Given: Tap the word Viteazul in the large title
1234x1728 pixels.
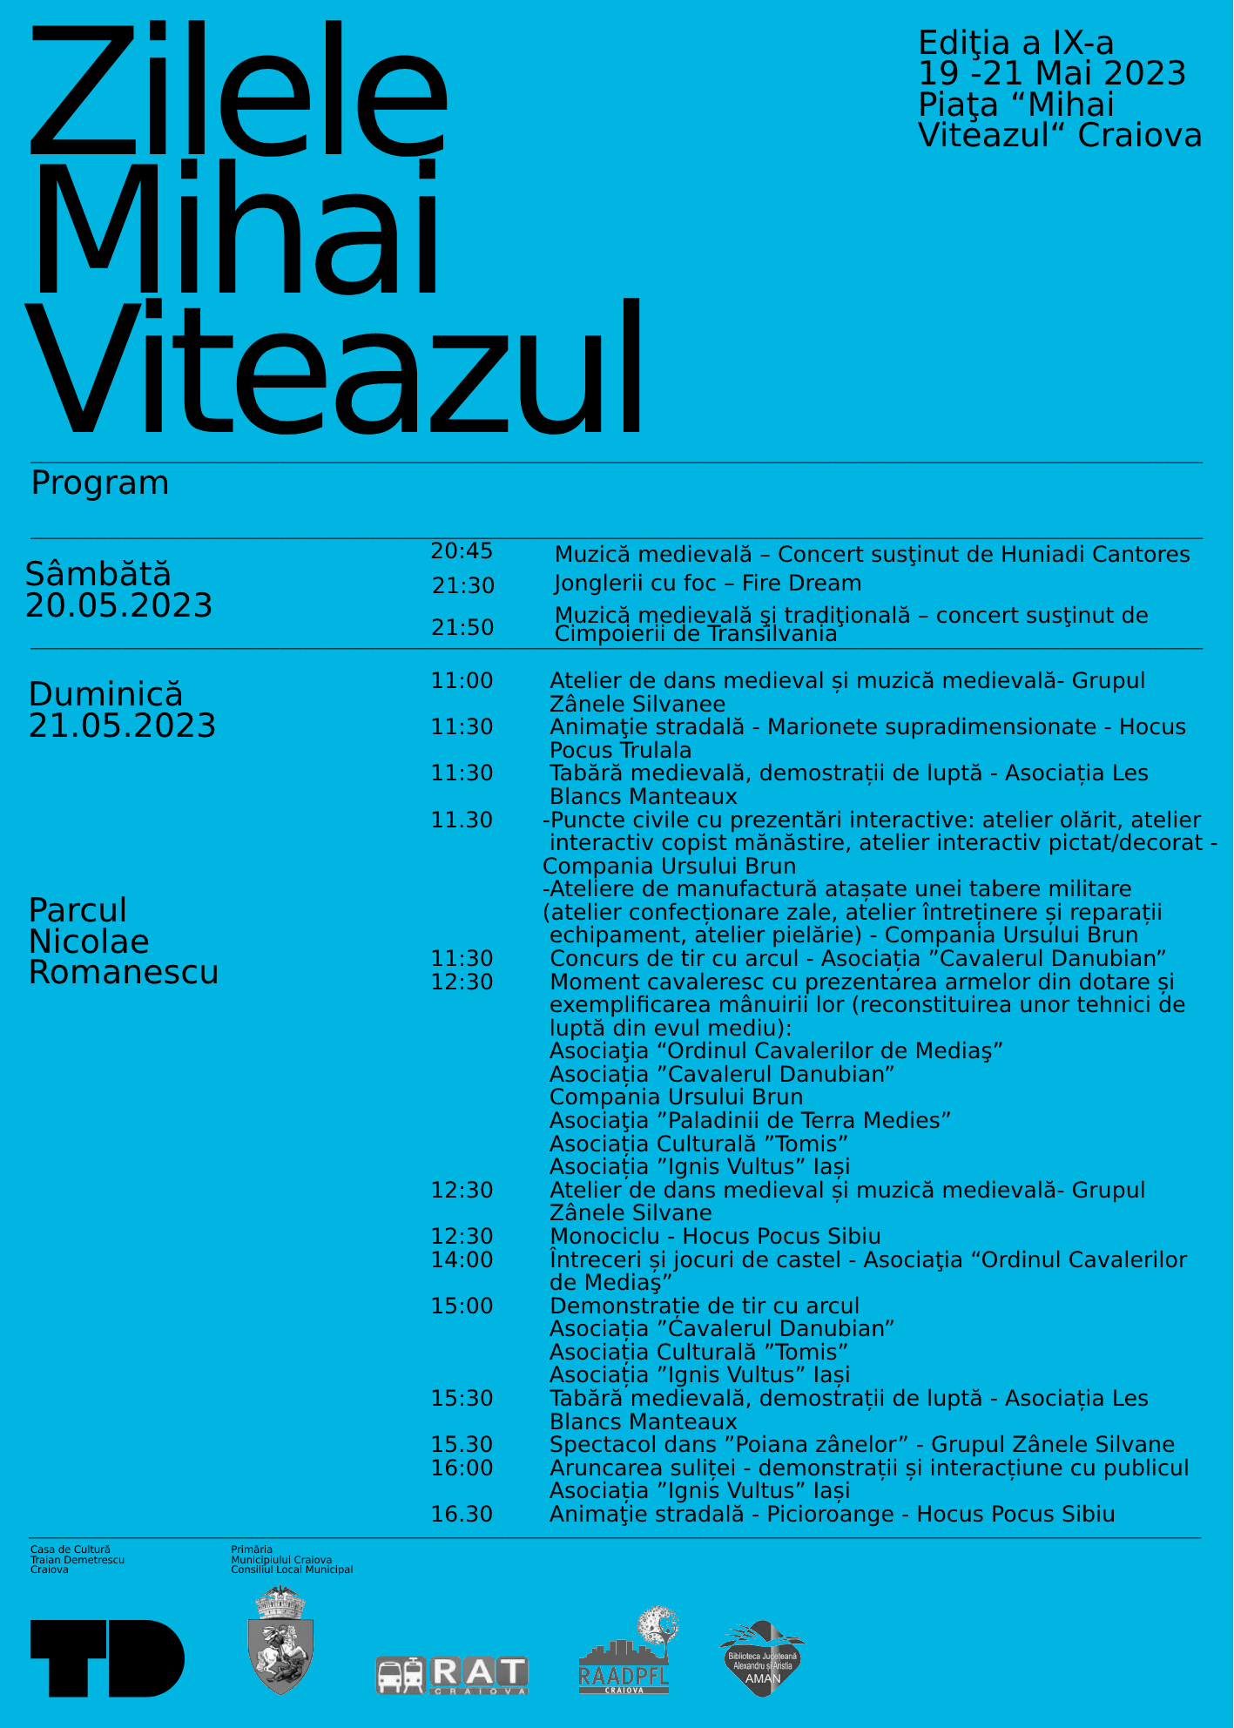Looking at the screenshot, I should click(x=335, y=370).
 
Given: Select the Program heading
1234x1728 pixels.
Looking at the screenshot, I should click(x=100, y=483).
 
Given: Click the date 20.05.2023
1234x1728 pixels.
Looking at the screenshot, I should click(x=119, y=606).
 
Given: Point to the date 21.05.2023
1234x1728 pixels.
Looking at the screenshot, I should click(x=122, y=726).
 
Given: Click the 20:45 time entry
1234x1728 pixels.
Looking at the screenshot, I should click(x=462, y=551).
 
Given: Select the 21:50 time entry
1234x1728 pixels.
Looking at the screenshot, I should click(x=462, y=628).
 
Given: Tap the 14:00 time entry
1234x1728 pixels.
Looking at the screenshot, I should click(x=462, y=1260).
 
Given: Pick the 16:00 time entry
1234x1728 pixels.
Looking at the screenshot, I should click(x=462, y=1468).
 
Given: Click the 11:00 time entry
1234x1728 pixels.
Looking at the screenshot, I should click(x=462, y=681).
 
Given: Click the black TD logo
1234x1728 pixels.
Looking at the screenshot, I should click(x=107, y=1658).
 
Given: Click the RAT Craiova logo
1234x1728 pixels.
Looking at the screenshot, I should click(x=452, y=1674).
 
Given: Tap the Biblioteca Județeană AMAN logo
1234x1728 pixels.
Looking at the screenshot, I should click(x=762, y=1658).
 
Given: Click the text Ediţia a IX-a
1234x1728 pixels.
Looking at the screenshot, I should click(x=1015, y=44).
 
